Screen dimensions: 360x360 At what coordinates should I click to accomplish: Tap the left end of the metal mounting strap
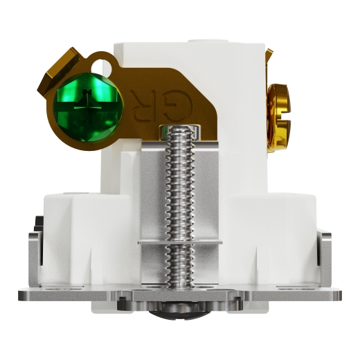28,294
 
